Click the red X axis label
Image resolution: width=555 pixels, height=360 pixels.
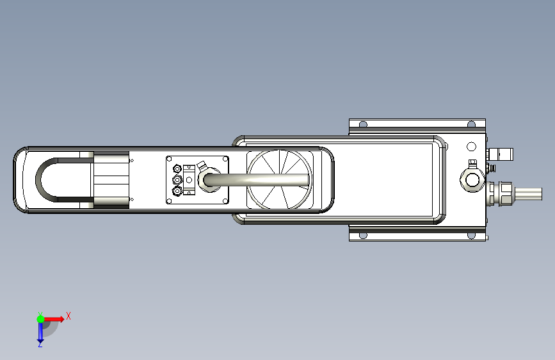68,316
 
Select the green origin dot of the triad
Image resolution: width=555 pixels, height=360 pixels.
40,319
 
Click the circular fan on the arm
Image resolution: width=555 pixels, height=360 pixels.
279,179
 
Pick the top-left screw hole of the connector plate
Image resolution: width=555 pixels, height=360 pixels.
169,159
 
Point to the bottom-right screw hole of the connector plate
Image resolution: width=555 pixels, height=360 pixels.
225,201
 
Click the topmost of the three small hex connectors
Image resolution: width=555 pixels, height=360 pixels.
177,168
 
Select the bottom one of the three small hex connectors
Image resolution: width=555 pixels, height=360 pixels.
177,192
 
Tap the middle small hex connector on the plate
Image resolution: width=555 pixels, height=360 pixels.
177,180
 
